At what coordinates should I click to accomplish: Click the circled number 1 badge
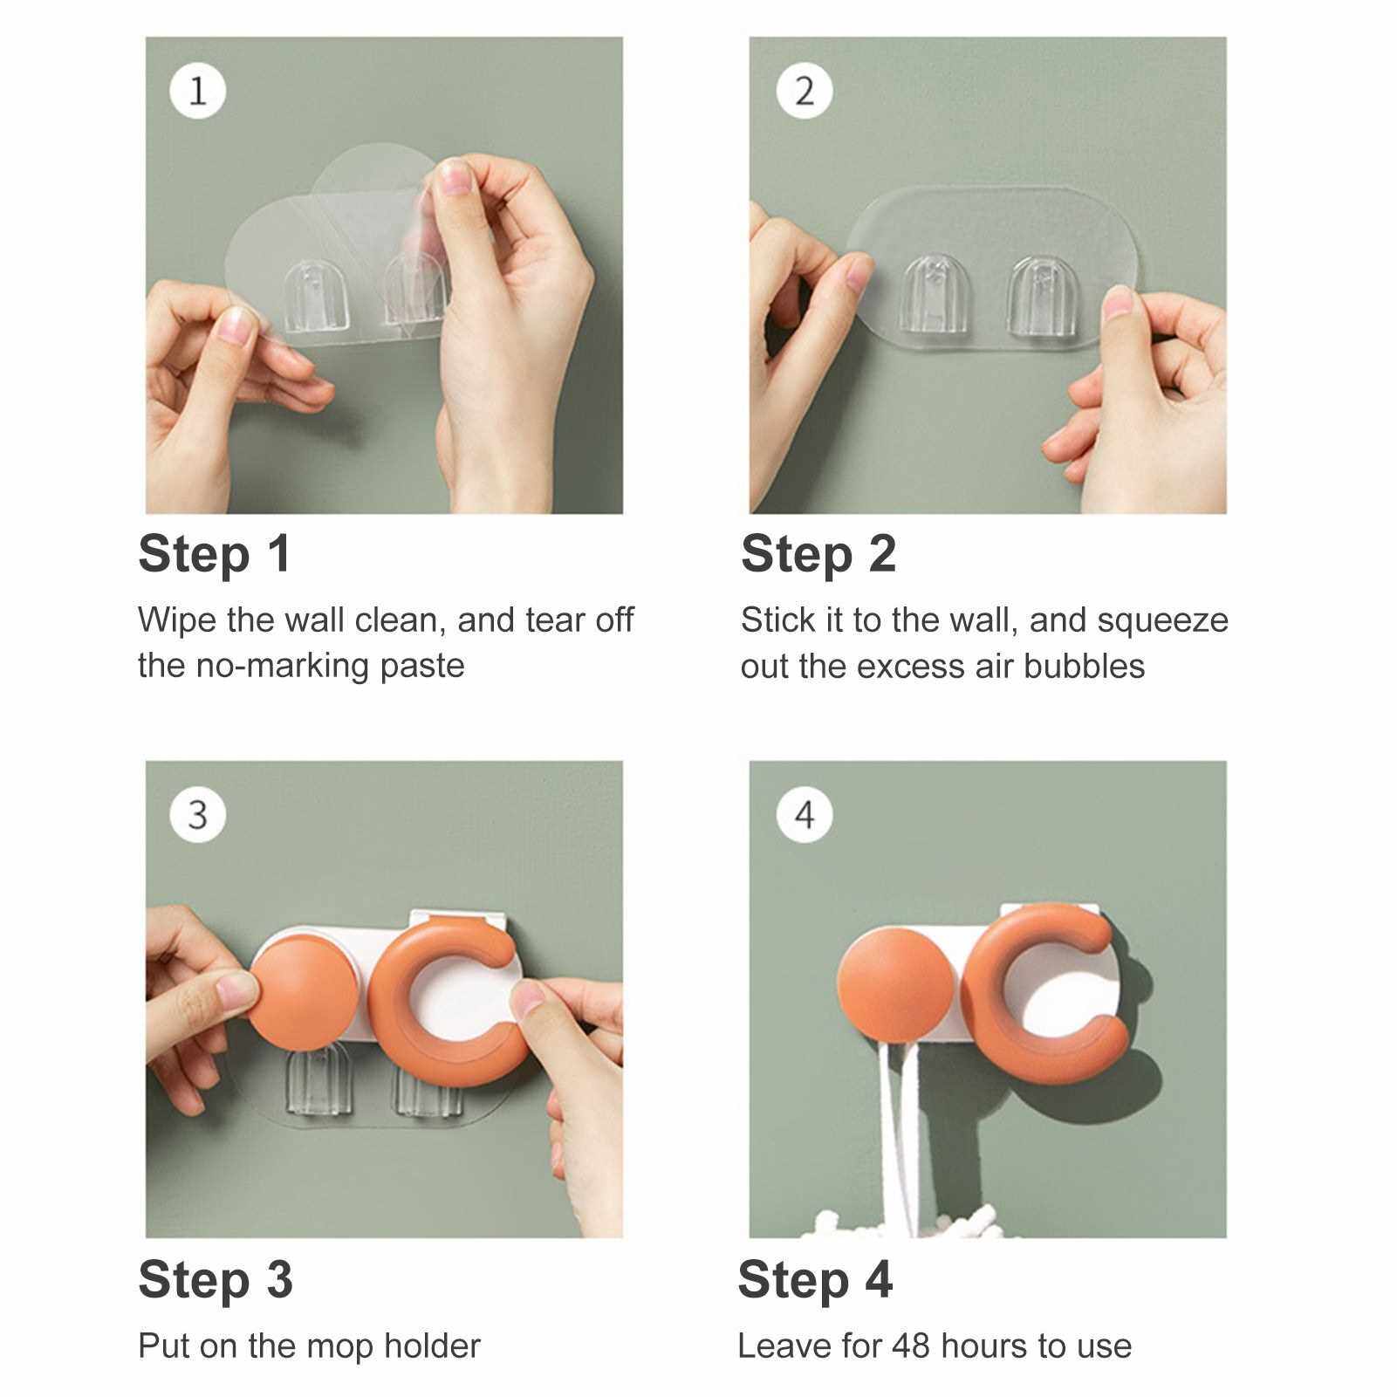point(198,90)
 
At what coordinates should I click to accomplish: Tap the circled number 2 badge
point(804,90)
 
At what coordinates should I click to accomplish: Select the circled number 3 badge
point(198,814)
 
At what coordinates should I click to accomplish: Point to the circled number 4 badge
point(804,814)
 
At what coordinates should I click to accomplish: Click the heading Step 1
point(215,555)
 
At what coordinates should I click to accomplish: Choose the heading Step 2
point(818,555)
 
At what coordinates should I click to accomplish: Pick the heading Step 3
point(216,1280)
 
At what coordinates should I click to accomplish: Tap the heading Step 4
point(815,1280)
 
